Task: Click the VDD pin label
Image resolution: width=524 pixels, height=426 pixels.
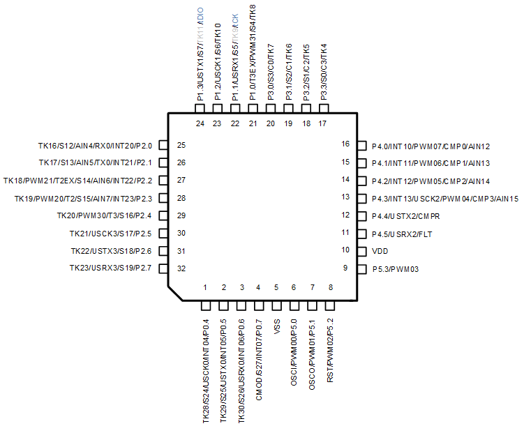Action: click(381, 250)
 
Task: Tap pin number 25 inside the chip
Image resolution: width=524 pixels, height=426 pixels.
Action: click(181, 146)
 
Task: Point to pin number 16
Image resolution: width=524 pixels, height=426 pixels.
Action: click(345, 145)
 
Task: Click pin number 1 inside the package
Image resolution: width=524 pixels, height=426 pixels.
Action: click(205, 287)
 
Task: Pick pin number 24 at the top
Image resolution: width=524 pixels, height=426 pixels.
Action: click(200, 124)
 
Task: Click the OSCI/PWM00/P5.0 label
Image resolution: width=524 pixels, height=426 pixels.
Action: click(294, 351)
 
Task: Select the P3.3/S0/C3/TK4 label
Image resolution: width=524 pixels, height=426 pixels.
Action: click(323, 73)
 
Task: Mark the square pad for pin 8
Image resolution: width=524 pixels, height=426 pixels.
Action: click(330, 305)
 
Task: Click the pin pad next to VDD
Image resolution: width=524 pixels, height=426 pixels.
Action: click(361, 251)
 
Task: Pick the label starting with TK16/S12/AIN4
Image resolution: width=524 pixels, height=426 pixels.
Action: click(95, 146)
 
